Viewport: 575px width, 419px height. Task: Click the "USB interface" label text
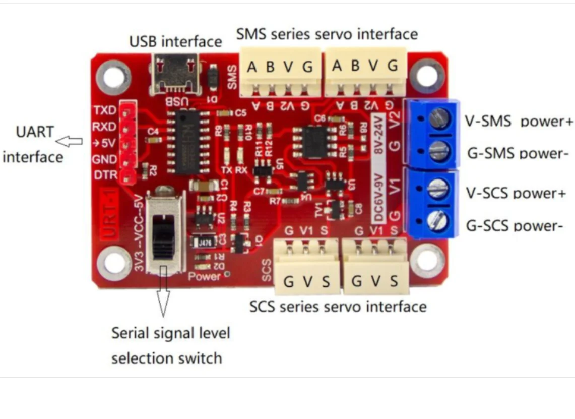coord(175,41)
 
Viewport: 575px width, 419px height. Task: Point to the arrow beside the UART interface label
coord(69,141)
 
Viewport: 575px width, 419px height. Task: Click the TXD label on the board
coord(104,110)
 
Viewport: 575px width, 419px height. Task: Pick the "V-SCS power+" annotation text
coord(516,194)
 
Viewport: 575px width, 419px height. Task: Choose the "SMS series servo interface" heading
coord(327,34)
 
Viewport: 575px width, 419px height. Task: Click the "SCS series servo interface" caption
coord(338,307)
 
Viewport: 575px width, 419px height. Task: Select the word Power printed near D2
coord(205,276)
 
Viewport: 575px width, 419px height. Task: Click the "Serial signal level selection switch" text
coord(170,346)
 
